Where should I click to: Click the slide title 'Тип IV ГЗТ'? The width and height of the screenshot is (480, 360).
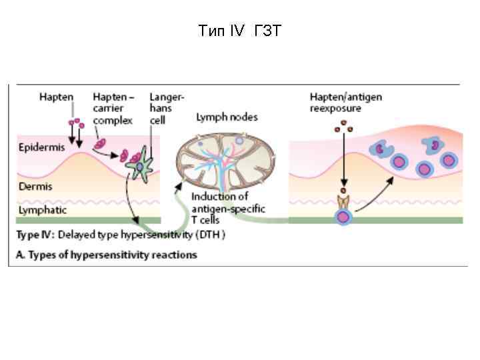click(239, 31)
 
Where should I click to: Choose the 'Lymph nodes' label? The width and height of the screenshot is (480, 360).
click(227, 117)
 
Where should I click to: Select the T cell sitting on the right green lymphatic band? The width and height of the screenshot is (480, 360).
click(343, 216)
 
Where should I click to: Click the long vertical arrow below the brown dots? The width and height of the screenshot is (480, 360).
click(343, 163)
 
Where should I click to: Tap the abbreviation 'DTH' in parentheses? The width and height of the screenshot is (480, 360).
click(211, 235)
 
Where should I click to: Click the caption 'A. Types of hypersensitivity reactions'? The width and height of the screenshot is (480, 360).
click(107, 255)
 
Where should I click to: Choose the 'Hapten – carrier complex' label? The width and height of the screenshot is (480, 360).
click(113, 108)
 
